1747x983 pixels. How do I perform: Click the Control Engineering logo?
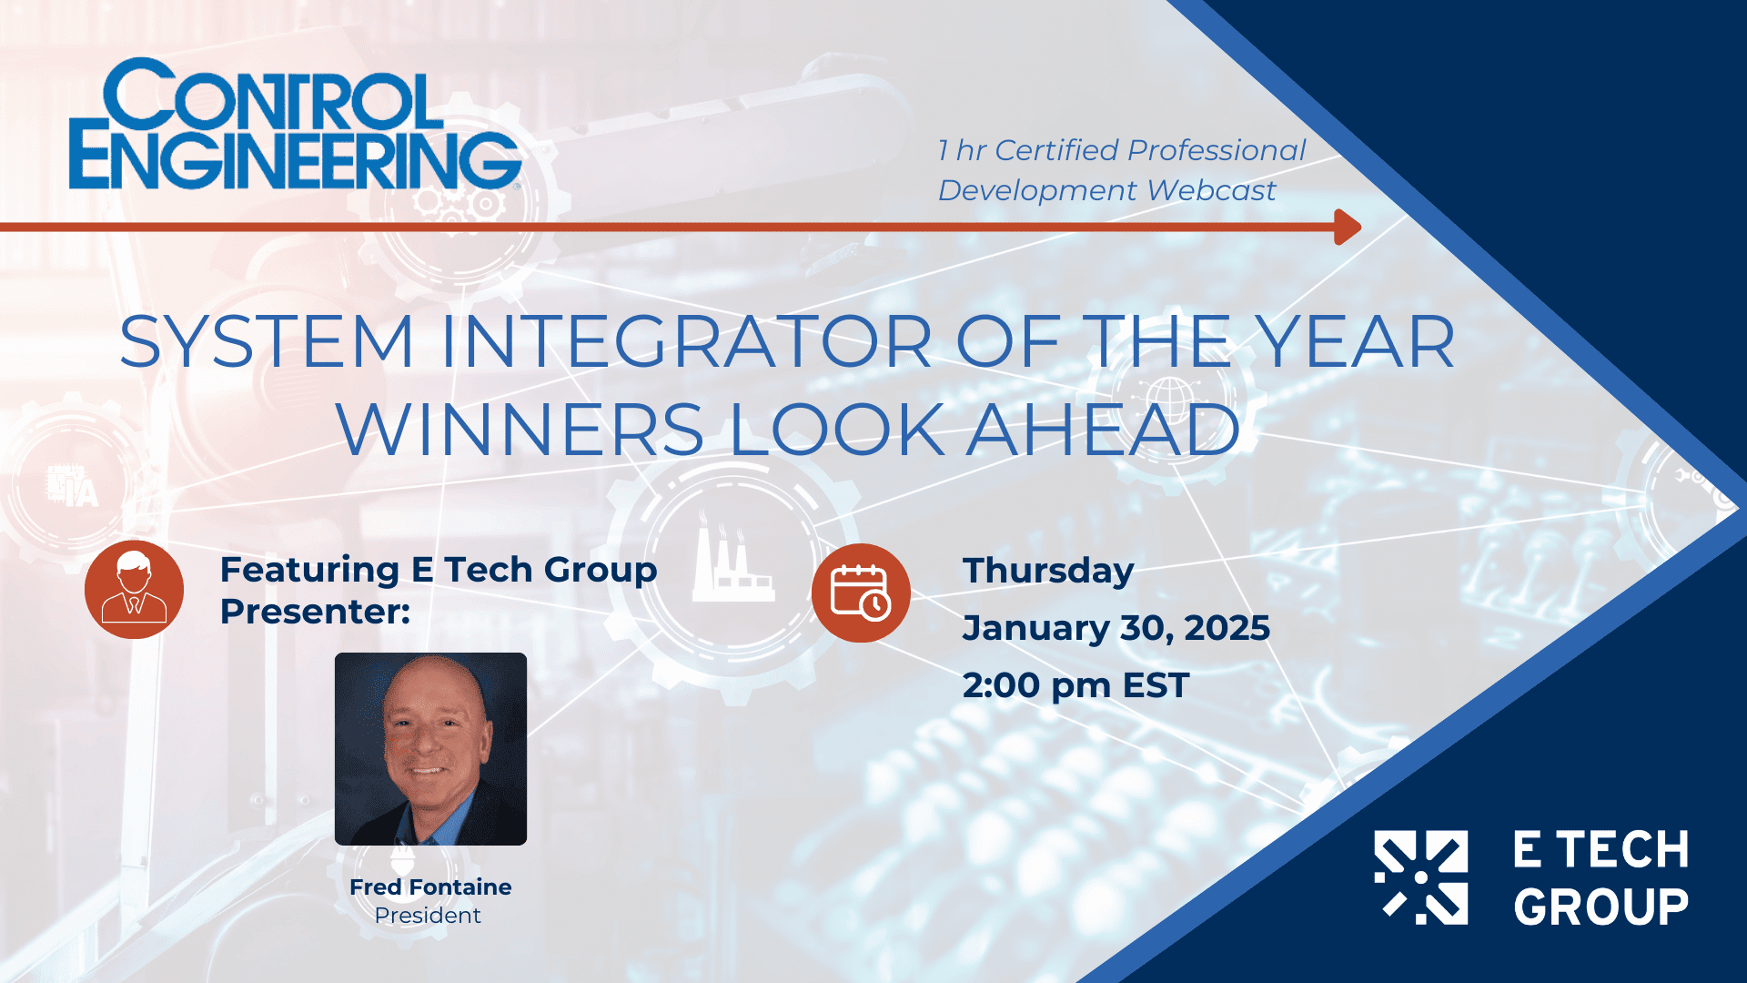[x=296, y=125]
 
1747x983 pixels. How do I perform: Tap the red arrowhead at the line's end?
[x=1348, y=227]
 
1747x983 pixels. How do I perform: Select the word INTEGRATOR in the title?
[x=687, y=342]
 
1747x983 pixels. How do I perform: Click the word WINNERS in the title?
[x=520, y=430]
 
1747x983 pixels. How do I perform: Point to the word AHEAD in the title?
[x=1104, y=430]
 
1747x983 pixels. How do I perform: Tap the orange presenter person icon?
[x=134, y=590]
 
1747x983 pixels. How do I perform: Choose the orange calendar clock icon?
[x=861, y=593]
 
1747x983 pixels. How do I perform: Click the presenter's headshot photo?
[x=430, y=749]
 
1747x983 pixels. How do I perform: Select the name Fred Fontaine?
[x=430, y=887]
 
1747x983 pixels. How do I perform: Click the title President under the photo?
[x=428, y=916]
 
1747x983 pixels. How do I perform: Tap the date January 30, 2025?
[x=1116, y=628]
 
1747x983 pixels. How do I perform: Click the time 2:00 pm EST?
[x=1076, y=685]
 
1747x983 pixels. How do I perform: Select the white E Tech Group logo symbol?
[x=1420, y=877]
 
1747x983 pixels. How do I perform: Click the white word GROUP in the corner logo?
[x=1601, y=907]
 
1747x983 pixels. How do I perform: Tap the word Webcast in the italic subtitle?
[x=1212, y=190]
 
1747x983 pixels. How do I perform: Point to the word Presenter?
[x=315, y=612]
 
